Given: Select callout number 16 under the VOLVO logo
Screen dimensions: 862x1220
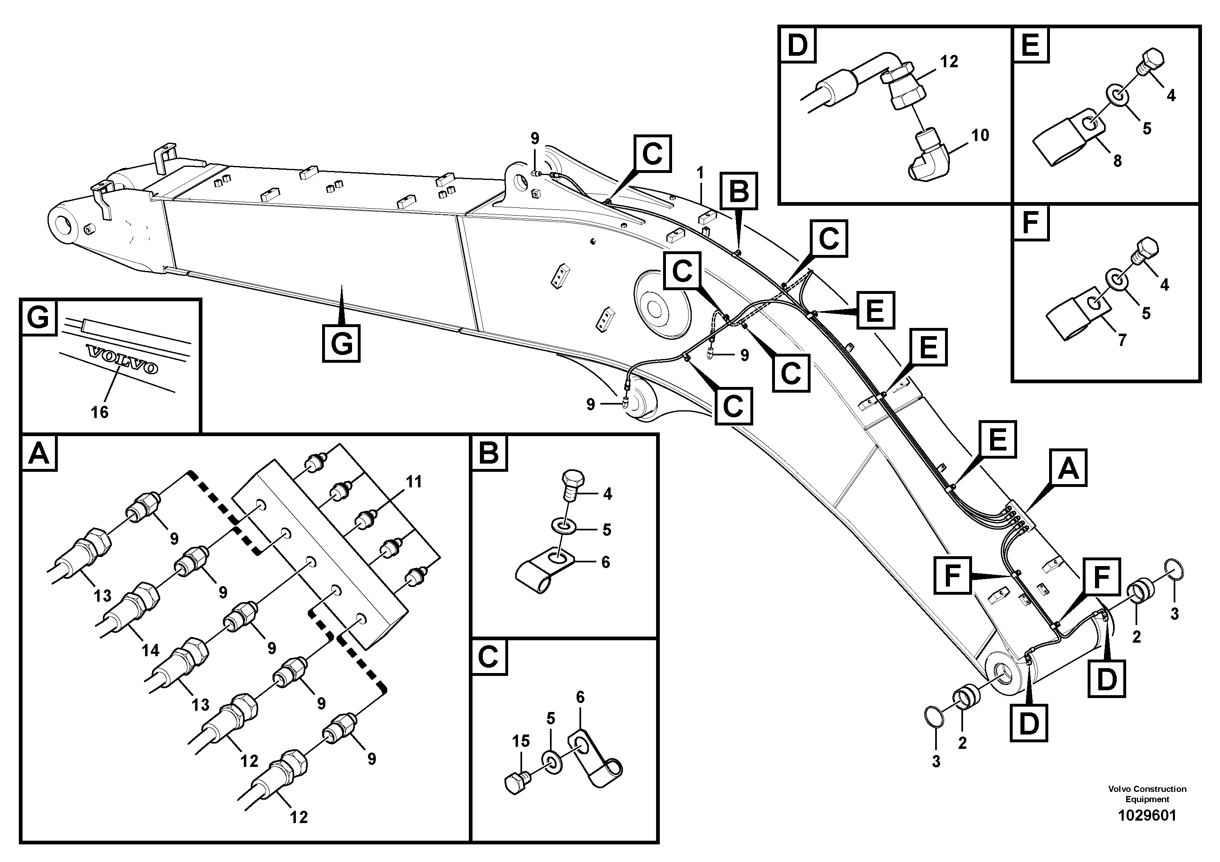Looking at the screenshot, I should [99, 412].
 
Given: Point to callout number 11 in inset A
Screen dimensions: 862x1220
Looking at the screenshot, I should [413, 482].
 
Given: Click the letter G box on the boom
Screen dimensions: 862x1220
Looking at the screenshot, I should [341, 343].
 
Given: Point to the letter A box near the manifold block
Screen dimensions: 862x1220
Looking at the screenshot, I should [1068, 468].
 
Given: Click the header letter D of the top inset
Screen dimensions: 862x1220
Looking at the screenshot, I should [797, 45].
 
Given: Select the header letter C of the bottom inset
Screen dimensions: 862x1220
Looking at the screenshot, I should [489, 657].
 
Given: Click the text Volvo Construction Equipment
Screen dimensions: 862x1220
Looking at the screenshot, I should [1147, 794].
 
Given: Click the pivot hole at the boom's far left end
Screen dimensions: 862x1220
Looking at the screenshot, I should [64, 222].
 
